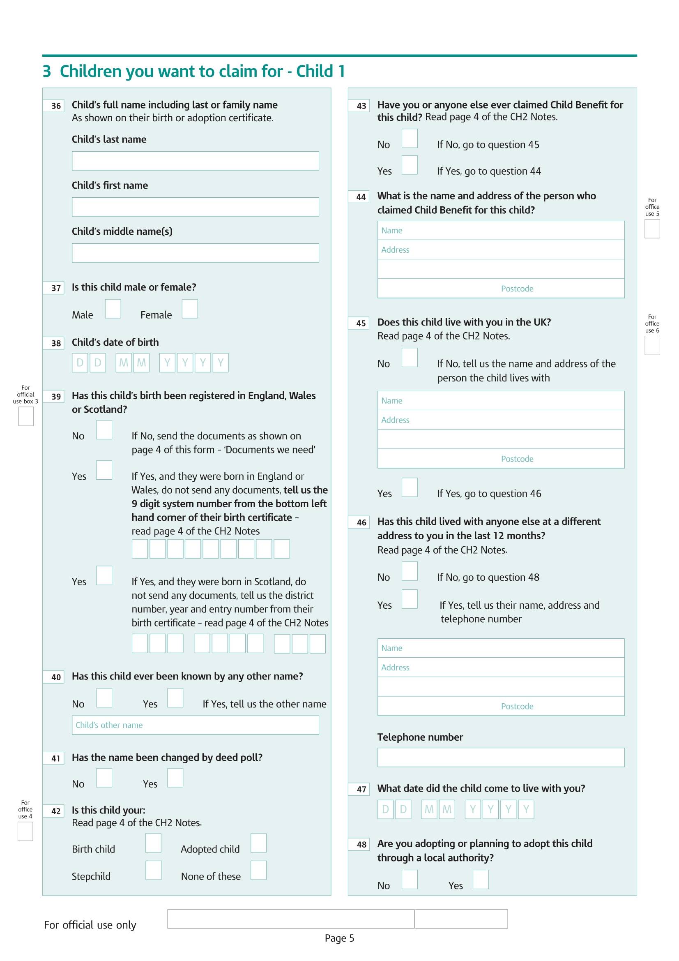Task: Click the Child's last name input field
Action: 195,161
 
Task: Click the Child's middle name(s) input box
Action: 195,253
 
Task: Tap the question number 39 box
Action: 53,396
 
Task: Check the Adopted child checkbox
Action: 258,843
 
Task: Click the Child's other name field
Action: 195,725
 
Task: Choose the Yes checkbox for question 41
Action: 175,778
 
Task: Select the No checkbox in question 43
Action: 409,138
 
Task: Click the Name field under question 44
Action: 500,230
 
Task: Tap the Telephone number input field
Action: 500,757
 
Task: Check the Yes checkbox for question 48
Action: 480,879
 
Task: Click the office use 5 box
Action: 652,229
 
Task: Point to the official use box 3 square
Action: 26,416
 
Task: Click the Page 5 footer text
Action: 339,938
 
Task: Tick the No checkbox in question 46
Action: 409,571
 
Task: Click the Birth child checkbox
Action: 153,843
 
